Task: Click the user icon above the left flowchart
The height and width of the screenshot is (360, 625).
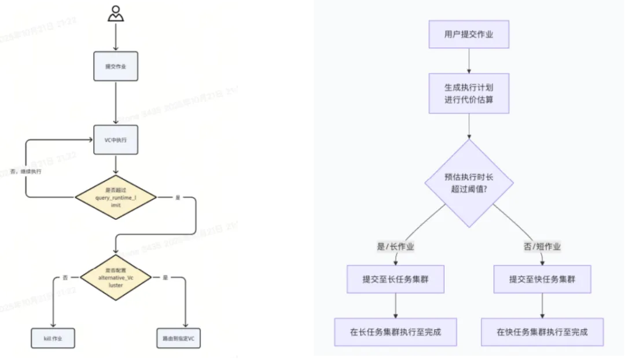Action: [x=116, y=13]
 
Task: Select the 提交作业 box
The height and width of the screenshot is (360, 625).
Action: [x=116, y=66]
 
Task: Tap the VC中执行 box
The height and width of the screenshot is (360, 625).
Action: [x=116, y=140]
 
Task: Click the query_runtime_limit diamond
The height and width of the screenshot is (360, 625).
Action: [x=116, y=197]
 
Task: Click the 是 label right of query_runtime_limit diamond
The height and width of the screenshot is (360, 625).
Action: [x=178, y=197]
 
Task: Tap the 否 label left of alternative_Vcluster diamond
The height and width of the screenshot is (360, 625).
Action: [x=65, y=278]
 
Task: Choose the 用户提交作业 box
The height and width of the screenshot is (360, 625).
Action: [x=469, y=35]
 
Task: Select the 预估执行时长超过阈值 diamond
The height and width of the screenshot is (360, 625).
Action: [x=469, y=183]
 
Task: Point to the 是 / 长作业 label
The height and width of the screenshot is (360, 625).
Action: [x=395, y=247]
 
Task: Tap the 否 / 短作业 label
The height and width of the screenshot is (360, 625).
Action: [x=542, y=247]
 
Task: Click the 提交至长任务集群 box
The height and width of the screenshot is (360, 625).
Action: [x=395, y=280]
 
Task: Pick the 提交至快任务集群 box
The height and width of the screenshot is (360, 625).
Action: [x=542, y=280]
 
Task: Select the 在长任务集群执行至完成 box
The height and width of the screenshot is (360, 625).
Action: [x=395, y=332]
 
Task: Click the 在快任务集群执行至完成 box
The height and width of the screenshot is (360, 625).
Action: [x=542, y=332]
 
